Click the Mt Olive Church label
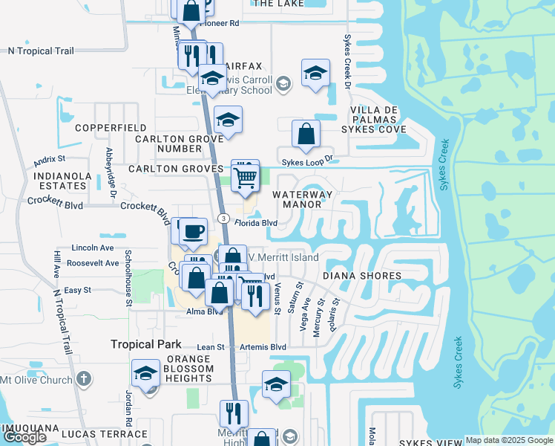(36, 380)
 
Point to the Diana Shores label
(362, 276)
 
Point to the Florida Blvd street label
(256, 222)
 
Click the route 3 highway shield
(223, 217)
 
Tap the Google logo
(24, 437)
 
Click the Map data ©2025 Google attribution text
(509, 440)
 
